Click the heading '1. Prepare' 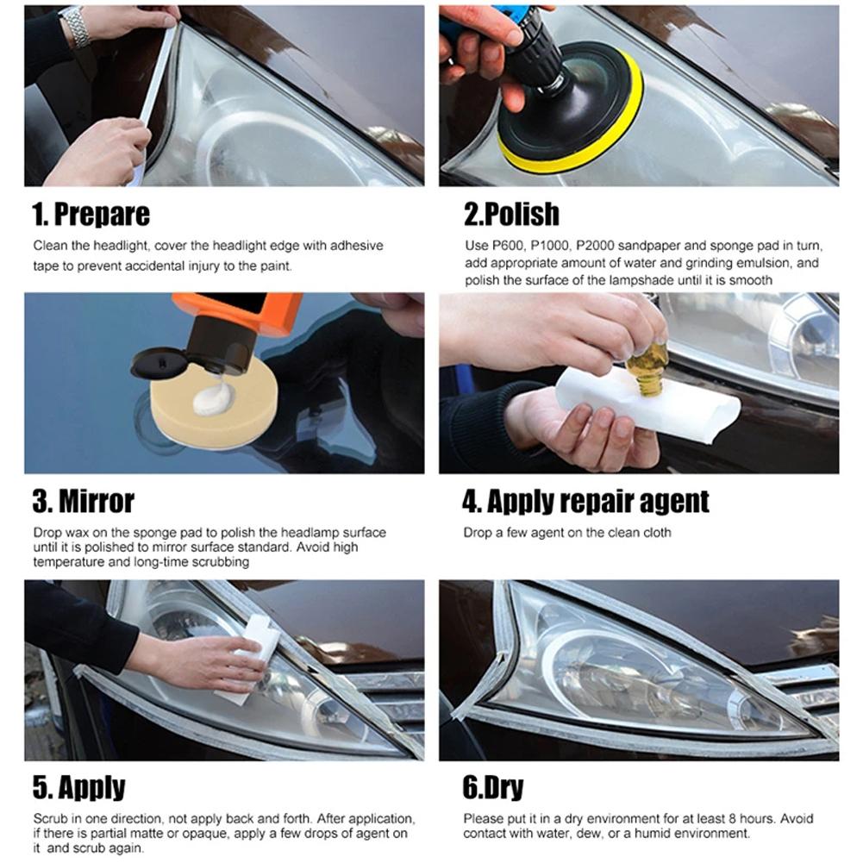click(91, 214)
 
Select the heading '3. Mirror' click(84, 501)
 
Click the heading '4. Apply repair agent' click(585, 501)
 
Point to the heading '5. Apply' click(79, 787)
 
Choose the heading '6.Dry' click(493, 787)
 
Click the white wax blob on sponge click(212, 399)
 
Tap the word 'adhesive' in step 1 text click(353, 246)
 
